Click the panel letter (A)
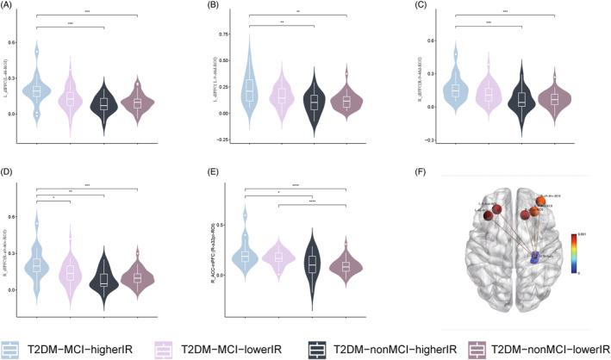pos(9,7)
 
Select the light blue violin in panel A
pos(36,90)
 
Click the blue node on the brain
pos(536,256)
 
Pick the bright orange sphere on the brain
pos(540,202)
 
